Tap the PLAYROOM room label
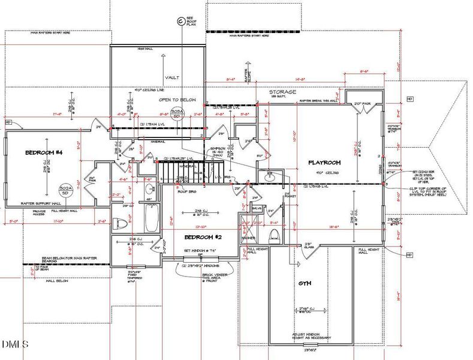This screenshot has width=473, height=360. [x=324, y=163]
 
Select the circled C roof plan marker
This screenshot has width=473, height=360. [x=179, y=22]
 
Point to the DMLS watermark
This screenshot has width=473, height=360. [x=14, y=344]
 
